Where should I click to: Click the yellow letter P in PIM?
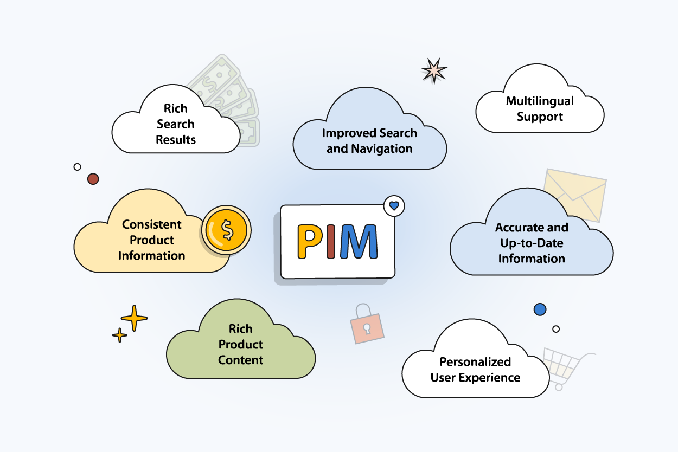[309, 242]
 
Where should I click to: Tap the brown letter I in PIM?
[332, 242]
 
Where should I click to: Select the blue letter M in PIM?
[358, 242]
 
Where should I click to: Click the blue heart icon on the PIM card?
[394, 206]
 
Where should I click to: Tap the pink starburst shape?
[434, 71]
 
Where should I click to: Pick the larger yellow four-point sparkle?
[134, 318]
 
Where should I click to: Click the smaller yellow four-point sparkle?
[120, 335]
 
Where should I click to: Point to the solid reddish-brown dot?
[93, 179]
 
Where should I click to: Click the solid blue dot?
[540, 309]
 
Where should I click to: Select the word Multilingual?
[540, 101]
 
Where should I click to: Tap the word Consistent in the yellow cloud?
[152, 224]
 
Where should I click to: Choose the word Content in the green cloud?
[241, 360]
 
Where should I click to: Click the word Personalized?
[475, 361]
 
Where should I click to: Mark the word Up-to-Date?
[532, 243]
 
